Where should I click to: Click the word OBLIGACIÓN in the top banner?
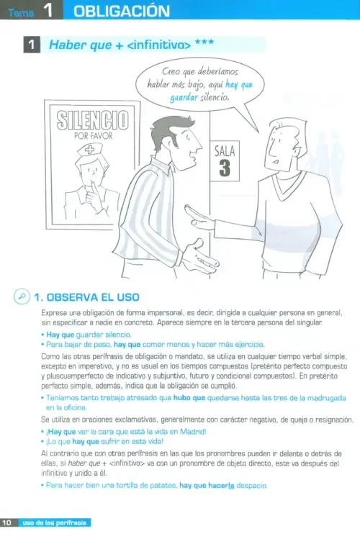pos(122,11)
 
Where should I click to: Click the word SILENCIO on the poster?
pos(92,120)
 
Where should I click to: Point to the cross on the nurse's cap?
pos(89,149)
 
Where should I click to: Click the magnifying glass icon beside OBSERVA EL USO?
pos(22,296)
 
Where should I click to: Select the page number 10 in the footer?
pos(6,523)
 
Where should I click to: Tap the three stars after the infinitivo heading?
pos(204,42)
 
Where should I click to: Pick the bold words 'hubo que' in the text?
pos(189,398)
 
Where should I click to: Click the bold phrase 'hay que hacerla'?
pos(207,485)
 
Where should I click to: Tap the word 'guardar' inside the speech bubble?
pos(184,98)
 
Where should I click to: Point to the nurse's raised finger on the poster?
pos(93,187)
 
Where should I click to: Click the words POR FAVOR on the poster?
pos(93,136)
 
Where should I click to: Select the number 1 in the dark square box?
pos(32,45)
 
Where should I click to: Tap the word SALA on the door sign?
pos(225,151)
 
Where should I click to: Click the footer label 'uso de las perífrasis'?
pos(54,523)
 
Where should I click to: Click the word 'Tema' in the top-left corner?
pos(22,13)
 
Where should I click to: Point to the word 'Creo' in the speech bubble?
pos(171,71)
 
